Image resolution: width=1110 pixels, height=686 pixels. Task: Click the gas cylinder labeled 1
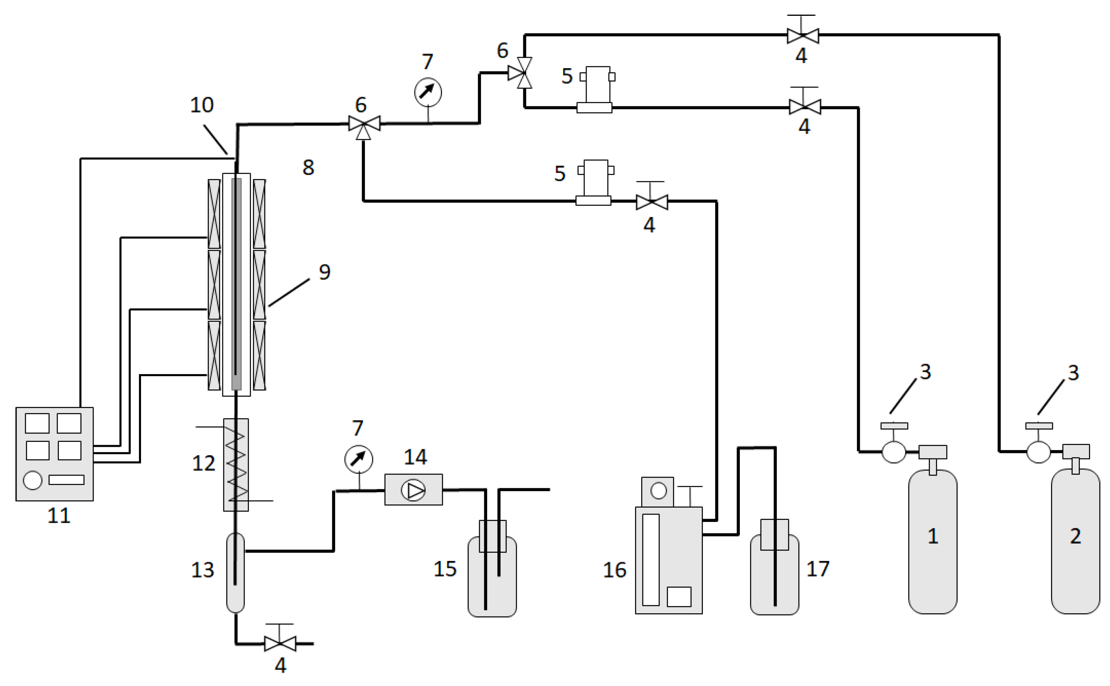(932, 542)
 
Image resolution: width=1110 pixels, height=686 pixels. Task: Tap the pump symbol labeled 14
(414, 490)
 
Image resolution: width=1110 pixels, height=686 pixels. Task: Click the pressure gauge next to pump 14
(358, 459)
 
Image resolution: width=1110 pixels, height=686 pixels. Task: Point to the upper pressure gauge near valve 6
(428, 92)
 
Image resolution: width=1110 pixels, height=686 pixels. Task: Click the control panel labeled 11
(54, 454)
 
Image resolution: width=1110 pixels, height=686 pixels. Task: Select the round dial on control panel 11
(32, 480)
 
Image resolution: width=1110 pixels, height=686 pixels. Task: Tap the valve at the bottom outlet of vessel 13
(280, 643)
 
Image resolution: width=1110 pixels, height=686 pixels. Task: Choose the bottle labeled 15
(492, 576)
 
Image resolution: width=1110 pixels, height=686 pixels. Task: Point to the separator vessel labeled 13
(235, 573)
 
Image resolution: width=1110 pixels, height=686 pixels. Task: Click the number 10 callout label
(202, 105)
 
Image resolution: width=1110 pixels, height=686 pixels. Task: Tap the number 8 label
(308, 167)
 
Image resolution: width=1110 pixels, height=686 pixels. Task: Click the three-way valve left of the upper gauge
(364, 124)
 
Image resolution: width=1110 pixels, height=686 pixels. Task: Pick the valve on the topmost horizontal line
(802, 35)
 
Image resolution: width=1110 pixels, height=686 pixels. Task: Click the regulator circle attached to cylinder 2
(1038, 452)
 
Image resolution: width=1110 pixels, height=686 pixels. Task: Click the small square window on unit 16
(679, 597)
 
